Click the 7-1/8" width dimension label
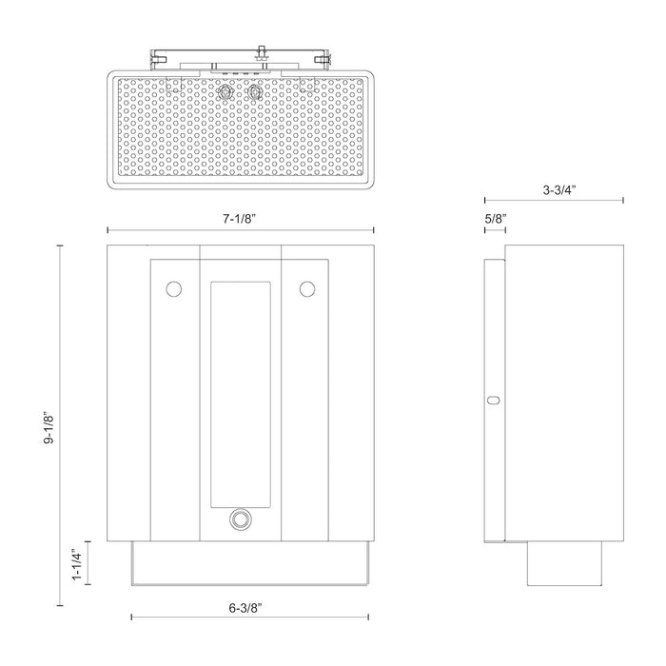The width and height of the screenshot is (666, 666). pyautogui.click(x=240, y=218)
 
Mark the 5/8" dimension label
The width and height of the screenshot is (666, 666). pyautogui.click(x=495, y=219)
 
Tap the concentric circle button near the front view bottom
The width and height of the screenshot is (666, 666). pyautogui.click(x=240, y=520)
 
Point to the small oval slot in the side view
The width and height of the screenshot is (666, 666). pyautogui.click(x=493, y=401)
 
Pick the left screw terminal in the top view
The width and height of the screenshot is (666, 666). pyautogui.click(x=226, y=92)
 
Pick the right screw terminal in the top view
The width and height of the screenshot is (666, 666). pyautogui.click(x=254, y=92)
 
